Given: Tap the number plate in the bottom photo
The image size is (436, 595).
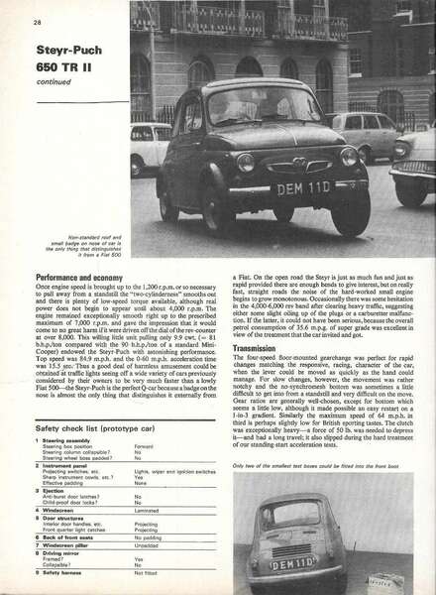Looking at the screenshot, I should click(294, 563).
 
